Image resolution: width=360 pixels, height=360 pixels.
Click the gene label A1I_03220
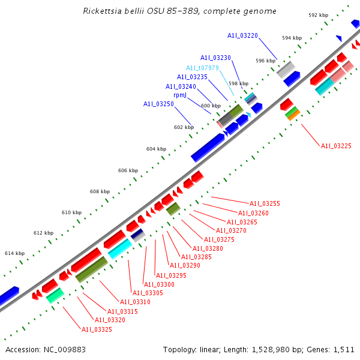tap(242, 36)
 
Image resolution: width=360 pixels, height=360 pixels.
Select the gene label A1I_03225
tap(336, 146)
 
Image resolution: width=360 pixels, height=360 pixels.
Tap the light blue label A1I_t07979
tap(202, 68)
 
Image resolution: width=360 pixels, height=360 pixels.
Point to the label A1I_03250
tap(158, 104)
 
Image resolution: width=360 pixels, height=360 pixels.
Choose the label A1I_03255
tap(265, 203)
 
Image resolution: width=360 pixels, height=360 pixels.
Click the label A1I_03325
tap(97, 329)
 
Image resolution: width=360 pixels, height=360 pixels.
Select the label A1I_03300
tap(159, 284)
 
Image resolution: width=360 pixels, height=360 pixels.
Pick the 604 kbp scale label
tap(154, 149)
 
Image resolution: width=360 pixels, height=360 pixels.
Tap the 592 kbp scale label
tap(318, 15)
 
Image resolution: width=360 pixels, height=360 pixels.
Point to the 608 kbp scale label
tap(100, 191)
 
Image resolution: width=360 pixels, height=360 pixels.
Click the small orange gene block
tap(293, 115)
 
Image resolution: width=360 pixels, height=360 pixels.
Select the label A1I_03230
tap(215, 58)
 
